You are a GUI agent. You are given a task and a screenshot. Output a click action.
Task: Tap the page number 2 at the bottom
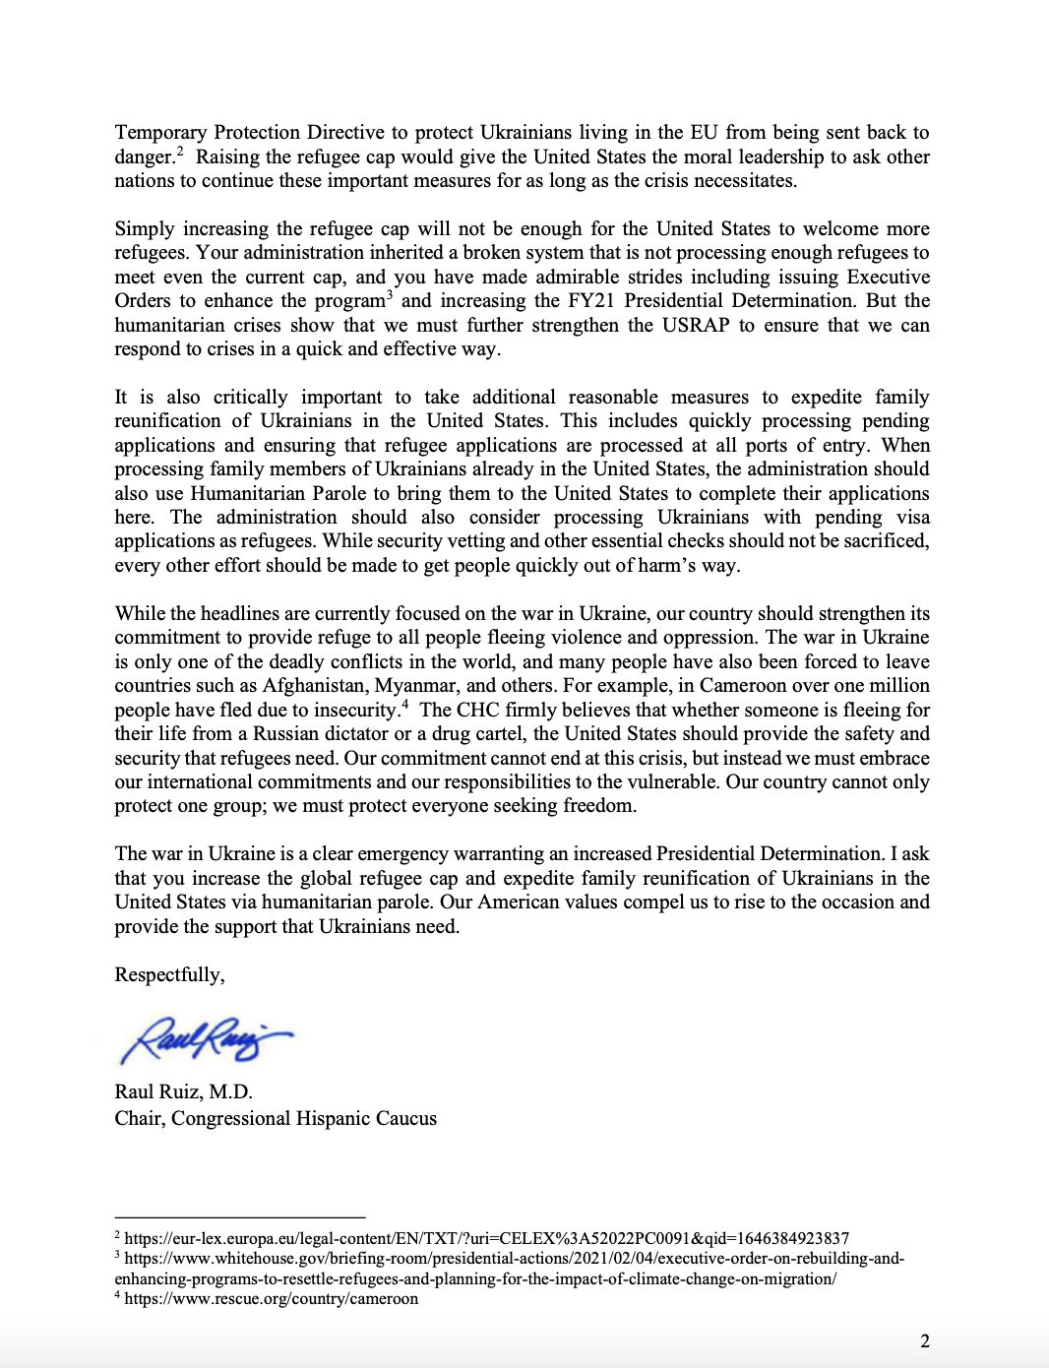[924, 1340]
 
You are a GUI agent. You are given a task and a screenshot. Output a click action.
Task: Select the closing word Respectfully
[169, 974]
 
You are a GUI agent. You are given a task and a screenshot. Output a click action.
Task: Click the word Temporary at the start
[160, 132]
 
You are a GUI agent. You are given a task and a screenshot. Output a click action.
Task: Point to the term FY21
[589, 300]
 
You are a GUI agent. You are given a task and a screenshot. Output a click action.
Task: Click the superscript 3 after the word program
[390, 294]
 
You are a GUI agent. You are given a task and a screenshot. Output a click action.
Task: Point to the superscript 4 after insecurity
[404, 704]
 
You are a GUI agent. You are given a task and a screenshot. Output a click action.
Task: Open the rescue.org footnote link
[271, 1298]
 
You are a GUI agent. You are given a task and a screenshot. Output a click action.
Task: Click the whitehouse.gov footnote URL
[512, 1259]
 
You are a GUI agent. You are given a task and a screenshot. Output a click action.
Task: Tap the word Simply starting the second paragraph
[145, 228]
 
